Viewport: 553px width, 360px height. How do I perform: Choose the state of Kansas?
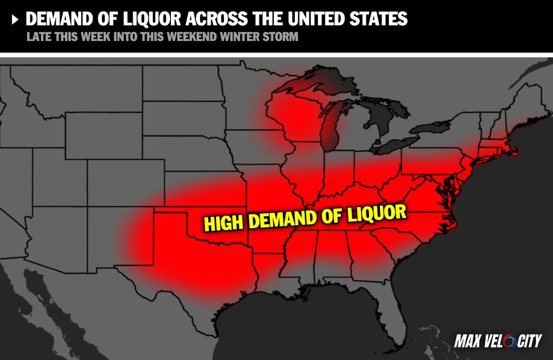pyautogui.click(x=203, y=189)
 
